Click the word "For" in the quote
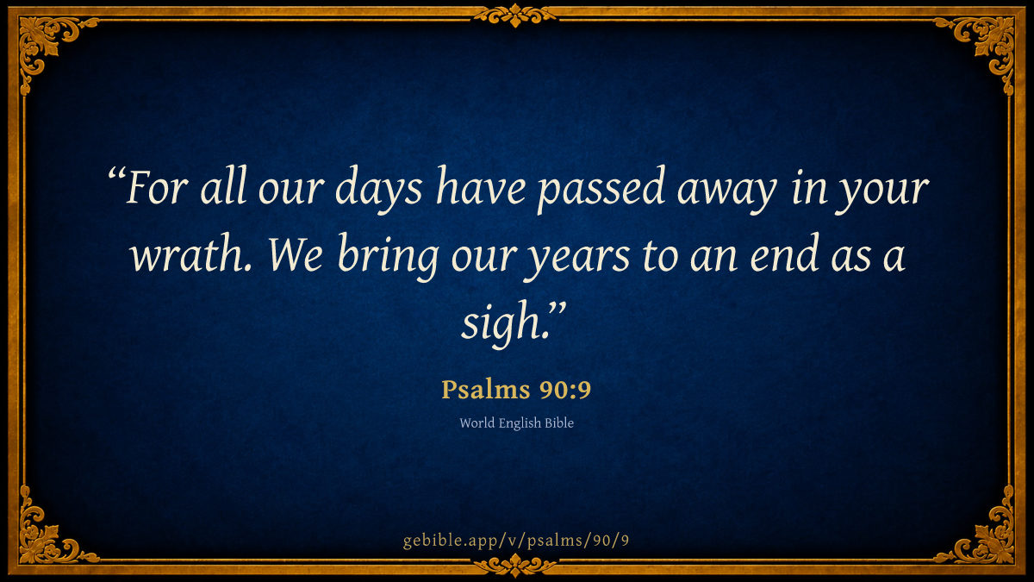[x=157, y=188]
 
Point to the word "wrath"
[x=190, y=253]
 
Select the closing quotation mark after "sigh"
[x=557, y=309]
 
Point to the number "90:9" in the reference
[x=565, y=390]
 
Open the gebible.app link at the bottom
[x=516, y=541]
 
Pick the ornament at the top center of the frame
[x=515, y=15]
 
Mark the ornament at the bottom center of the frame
[x=515, y=566]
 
